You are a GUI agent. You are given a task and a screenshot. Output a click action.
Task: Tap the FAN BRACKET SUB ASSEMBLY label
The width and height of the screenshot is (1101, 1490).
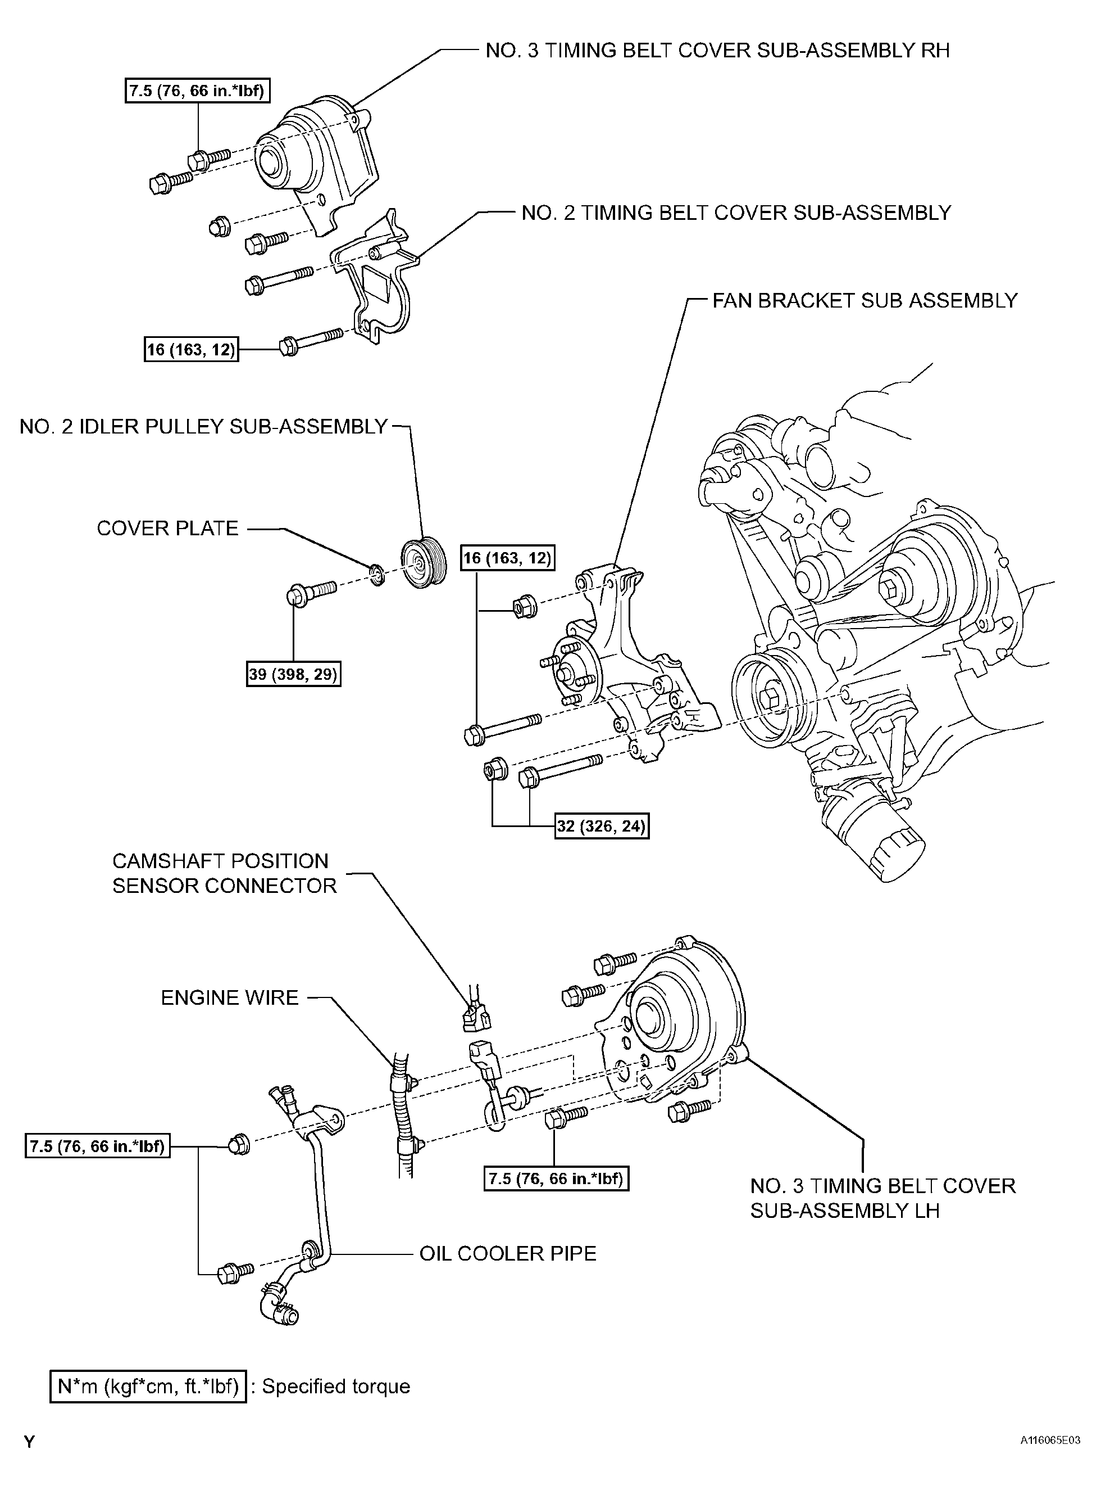[x=865, y=301]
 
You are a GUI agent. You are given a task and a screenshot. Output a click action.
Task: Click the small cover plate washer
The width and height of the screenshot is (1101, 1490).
[x=376, y=574]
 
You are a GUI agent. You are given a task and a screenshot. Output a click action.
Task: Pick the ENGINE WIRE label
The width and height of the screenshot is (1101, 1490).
[x=229, y=998]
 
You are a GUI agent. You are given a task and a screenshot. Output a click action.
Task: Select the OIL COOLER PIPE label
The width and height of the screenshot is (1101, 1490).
[x=507, y=1253]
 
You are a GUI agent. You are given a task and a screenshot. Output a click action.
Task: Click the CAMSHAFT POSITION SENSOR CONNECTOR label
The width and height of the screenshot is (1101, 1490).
[x=224, y=873]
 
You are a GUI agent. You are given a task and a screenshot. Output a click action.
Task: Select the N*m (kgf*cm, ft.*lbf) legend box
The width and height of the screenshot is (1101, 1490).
[x=148, y=1387]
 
